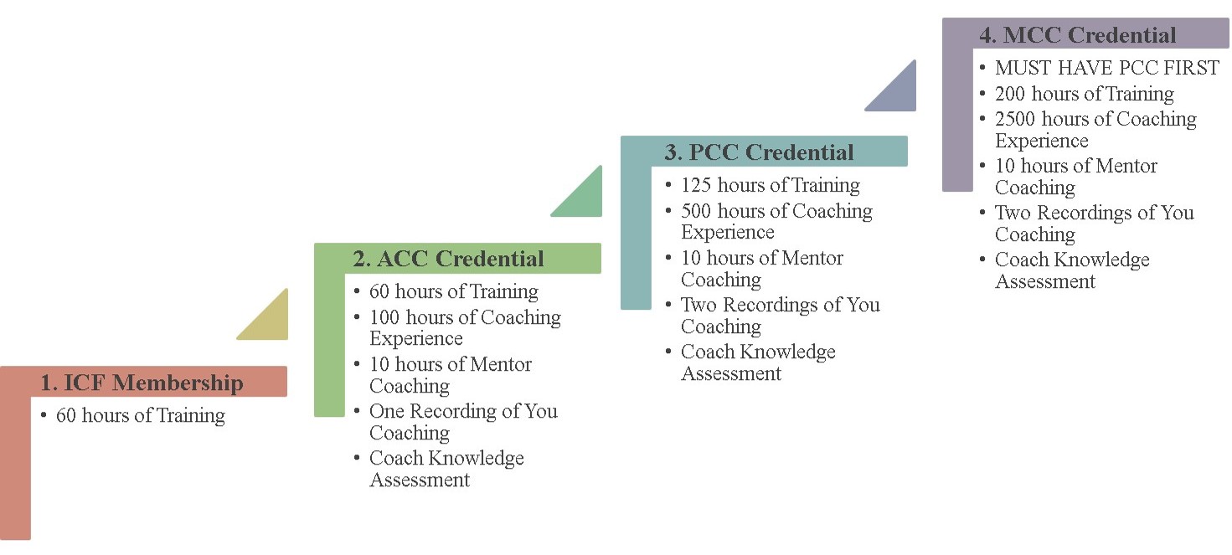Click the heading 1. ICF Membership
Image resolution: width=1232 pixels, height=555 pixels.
click(142, 383)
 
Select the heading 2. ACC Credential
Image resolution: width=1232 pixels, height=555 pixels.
click(448, 259)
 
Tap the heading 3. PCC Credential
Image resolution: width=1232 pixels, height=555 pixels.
click(759, 152)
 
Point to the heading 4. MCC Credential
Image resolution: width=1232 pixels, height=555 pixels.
click(1077, 35)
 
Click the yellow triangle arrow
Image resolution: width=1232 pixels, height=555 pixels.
click(271, 321)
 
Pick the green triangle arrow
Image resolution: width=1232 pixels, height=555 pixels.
click(585, 198)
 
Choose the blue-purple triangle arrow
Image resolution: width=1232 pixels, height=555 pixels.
click(899, 92)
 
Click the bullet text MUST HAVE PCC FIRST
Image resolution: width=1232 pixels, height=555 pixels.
click(1107, 68)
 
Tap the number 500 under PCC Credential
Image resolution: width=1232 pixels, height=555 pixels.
click(696, 211)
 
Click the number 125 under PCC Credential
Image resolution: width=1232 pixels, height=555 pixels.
click(696, 185)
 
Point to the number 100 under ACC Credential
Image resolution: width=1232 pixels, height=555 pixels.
click(384, 317)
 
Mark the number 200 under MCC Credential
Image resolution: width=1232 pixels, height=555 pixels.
click(1010, 94)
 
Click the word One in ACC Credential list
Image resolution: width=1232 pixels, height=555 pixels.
click(387, 411)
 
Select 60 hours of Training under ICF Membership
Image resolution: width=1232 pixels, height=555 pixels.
click(141, 415)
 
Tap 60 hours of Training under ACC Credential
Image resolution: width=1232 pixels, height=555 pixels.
click(454, 291)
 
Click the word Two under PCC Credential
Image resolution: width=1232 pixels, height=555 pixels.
click(698, 305)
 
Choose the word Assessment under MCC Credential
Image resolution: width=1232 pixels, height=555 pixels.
click(1045, 281)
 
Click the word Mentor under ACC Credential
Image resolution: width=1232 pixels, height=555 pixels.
click(501, 364)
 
